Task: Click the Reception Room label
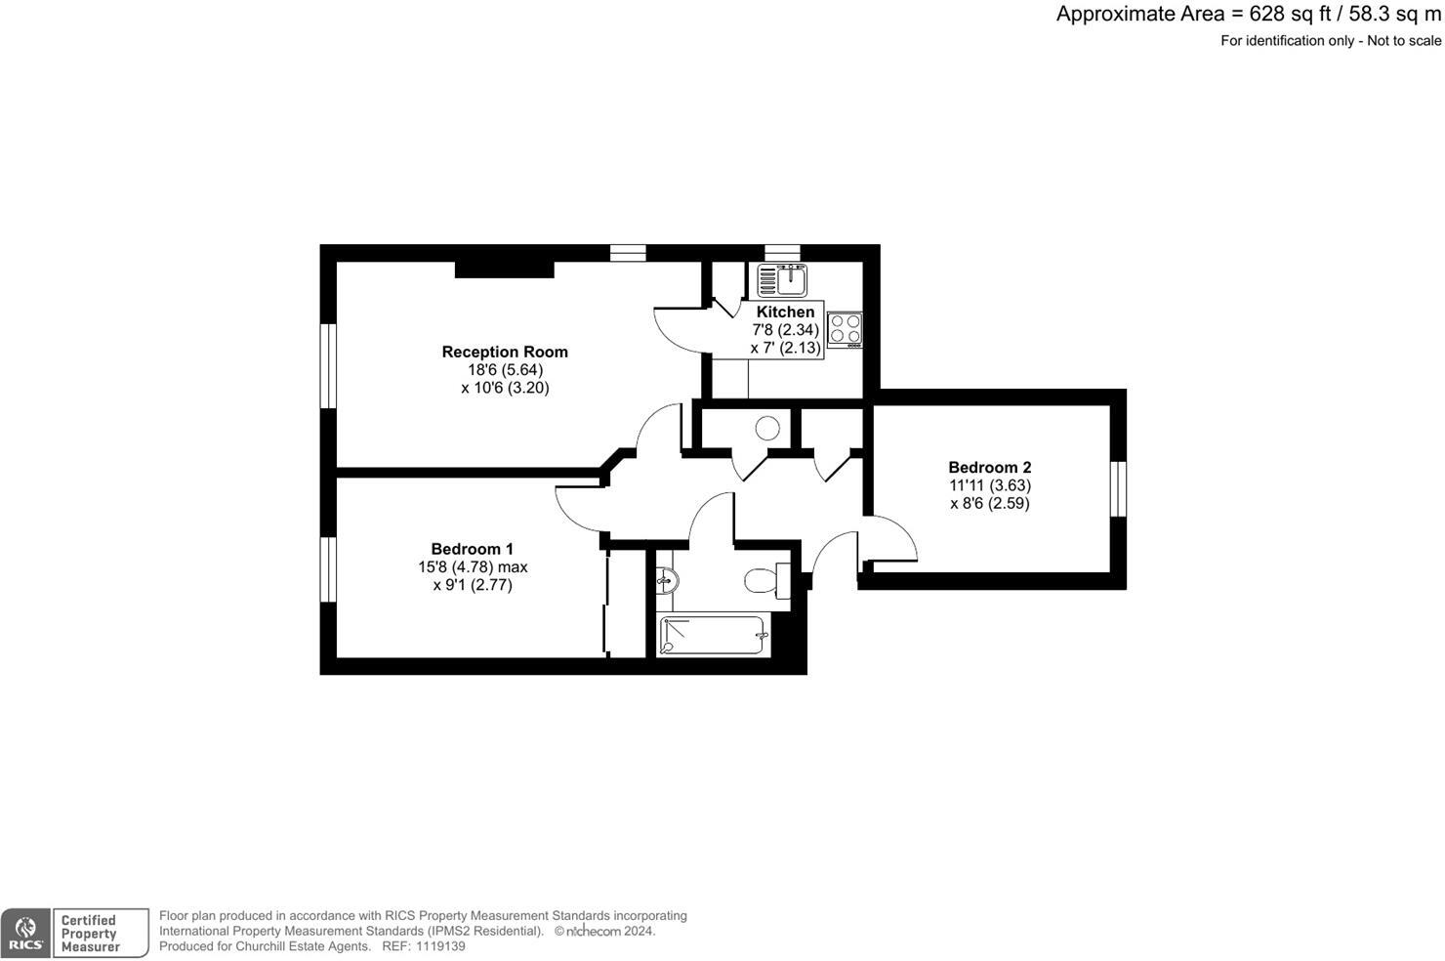(x=505, y=352)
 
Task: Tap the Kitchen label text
(x=785, y=312)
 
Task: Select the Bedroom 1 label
(x=472, y=549)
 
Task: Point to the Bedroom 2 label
(x=989, y=467)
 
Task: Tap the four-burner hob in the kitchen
(x=845, y=329)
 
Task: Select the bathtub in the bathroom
(x=714, y=635)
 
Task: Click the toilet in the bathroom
(x=764, y=582)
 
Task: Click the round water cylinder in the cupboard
(x=767, y=428)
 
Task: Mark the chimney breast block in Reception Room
(x=504, y=269)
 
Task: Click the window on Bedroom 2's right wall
(x=1119, y=488)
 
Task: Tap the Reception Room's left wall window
(x=329, y=365)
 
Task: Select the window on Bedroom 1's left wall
(x=329, y=569)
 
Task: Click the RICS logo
(x=25, y=934)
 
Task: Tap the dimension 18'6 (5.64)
(x=505, y=369)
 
